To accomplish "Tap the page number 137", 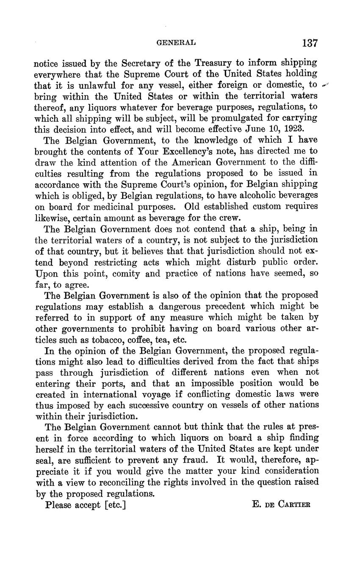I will click(310, 43).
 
